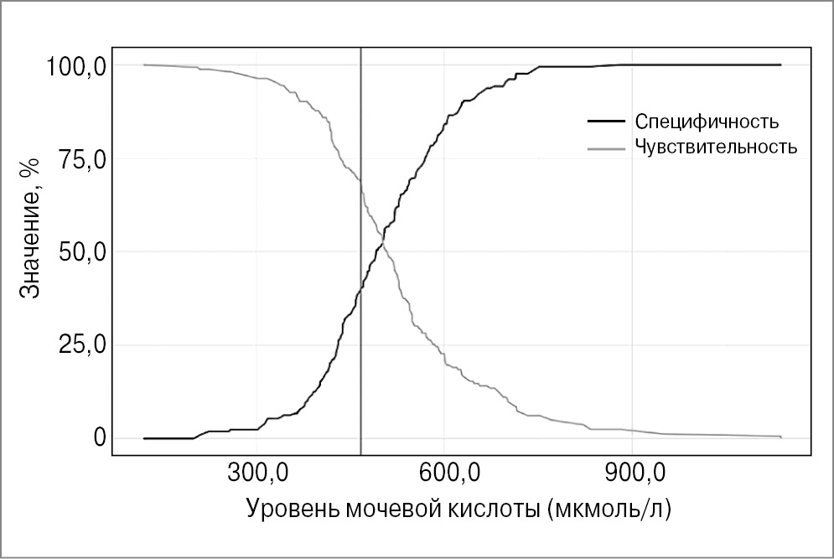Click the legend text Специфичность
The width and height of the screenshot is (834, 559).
tap(707, 122)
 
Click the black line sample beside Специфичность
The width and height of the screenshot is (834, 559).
tap(605, 122)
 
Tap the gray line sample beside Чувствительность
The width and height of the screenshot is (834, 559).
tap(605, 148)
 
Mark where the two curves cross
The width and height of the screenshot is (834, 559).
tap(382, 242)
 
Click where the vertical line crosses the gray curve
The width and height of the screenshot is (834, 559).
tap(360, 181)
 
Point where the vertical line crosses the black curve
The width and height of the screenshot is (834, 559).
tap(360, 288)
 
